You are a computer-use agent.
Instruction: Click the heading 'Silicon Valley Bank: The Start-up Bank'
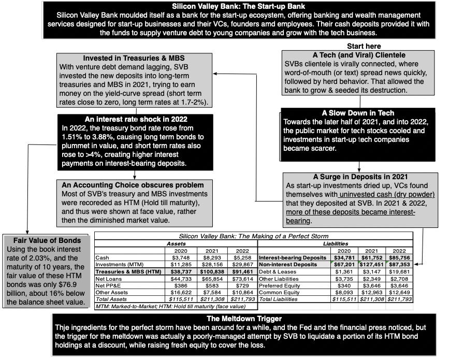point(225,7)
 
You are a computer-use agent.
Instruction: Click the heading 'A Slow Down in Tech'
point(358,113)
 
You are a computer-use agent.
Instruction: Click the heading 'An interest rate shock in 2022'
point(127,119)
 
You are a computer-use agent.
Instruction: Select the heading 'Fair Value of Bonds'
point(47,240)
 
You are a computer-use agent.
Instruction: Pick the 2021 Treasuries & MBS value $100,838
point(212,271)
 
